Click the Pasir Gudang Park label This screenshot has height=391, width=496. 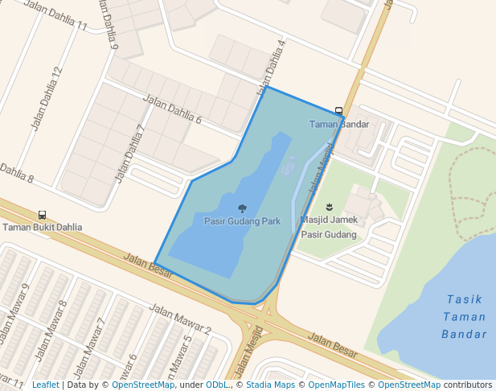242,221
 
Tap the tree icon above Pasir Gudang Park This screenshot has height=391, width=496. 242,208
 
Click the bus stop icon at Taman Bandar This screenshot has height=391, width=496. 338,111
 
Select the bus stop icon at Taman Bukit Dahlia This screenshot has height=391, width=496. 42,215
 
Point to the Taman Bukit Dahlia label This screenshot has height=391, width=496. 42,227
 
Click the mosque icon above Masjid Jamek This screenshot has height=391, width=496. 329,207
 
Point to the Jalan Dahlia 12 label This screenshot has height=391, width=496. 46,98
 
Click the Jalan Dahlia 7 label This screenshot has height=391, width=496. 131,153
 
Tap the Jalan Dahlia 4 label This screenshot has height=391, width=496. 272,67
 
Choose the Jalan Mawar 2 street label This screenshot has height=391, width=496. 181,319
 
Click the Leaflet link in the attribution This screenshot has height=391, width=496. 45,385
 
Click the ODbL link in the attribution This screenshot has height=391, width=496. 215,385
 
